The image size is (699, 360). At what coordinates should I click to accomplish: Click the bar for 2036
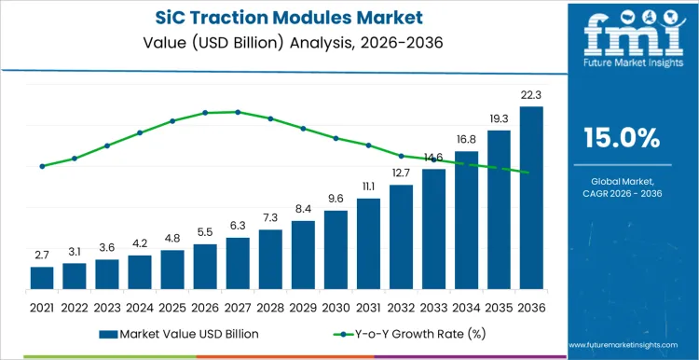pos(531,199)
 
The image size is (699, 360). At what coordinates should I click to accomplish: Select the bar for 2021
pos(42,278)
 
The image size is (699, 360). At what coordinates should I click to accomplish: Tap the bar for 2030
pos(336,250)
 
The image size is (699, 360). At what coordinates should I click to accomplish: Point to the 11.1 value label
pos(368,186)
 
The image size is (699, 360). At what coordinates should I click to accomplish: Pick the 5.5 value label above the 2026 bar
pos(205,231)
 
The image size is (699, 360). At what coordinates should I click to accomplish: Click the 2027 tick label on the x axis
pos(238,306)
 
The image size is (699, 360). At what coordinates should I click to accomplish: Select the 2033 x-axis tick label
pos(433,306)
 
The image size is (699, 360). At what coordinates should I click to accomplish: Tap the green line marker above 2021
pos(42,166)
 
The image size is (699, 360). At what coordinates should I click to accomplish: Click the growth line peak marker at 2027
pos(238,112)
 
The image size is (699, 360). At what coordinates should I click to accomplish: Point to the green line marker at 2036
pos(531,173)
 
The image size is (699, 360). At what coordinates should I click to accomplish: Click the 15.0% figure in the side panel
pos(622,138)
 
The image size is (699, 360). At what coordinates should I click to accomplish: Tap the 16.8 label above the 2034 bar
pos(466,139)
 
